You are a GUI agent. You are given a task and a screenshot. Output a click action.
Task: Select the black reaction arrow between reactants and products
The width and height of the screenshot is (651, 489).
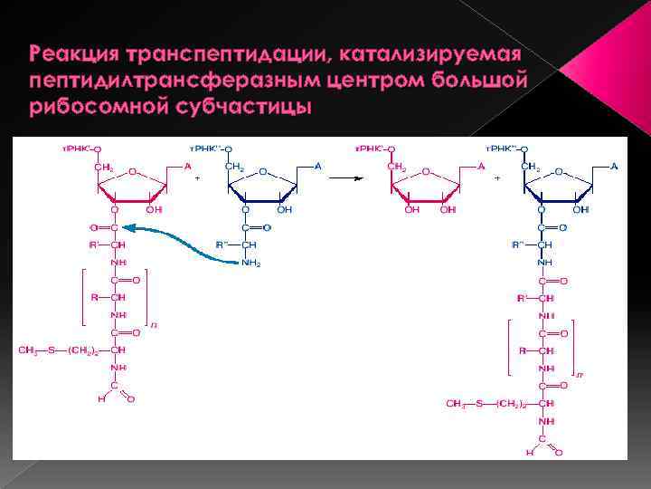click(346, 177)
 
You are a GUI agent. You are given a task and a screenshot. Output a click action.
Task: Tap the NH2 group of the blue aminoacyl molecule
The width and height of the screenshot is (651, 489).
click(250, 263)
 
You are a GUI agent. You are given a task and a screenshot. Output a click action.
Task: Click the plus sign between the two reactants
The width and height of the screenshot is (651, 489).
click(197, 178)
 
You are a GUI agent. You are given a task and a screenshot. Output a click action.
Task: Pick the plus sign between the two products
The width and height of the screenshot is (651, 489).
click(497, 177)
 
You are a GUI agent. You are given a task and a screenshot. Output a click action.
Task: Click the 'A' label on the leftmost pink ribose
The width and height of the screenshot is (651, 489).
click(187, 166)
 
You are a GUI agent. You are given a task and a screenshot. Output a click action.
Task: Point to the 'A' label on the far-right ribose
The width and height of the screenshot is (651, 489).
click(614, 166)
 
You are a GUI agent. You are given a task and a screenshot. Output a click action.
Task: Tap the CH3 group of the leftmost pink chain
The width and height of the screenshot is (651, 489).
click(28, 350)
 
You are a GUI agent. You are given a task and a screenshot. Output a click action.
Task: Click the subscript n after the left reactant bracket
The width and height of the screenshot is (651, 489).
click(154, 325)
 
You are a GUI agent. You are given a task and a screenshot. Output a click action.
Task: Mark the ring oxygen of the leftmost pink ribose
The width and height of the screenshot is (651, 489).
click(132, 170)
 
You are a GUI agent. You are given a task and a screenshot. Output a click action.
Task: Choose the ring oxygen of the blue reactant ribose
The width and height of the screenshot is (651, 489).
click(263, 170)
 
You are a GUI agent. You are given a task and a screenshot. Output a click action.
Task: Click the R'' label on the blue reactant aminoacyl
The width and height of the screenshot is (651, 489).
click(222, 244)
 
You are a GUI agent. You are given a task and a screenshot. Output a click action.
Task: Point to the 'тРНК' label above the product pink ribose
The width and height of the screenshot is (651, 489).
click(366, 147)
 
